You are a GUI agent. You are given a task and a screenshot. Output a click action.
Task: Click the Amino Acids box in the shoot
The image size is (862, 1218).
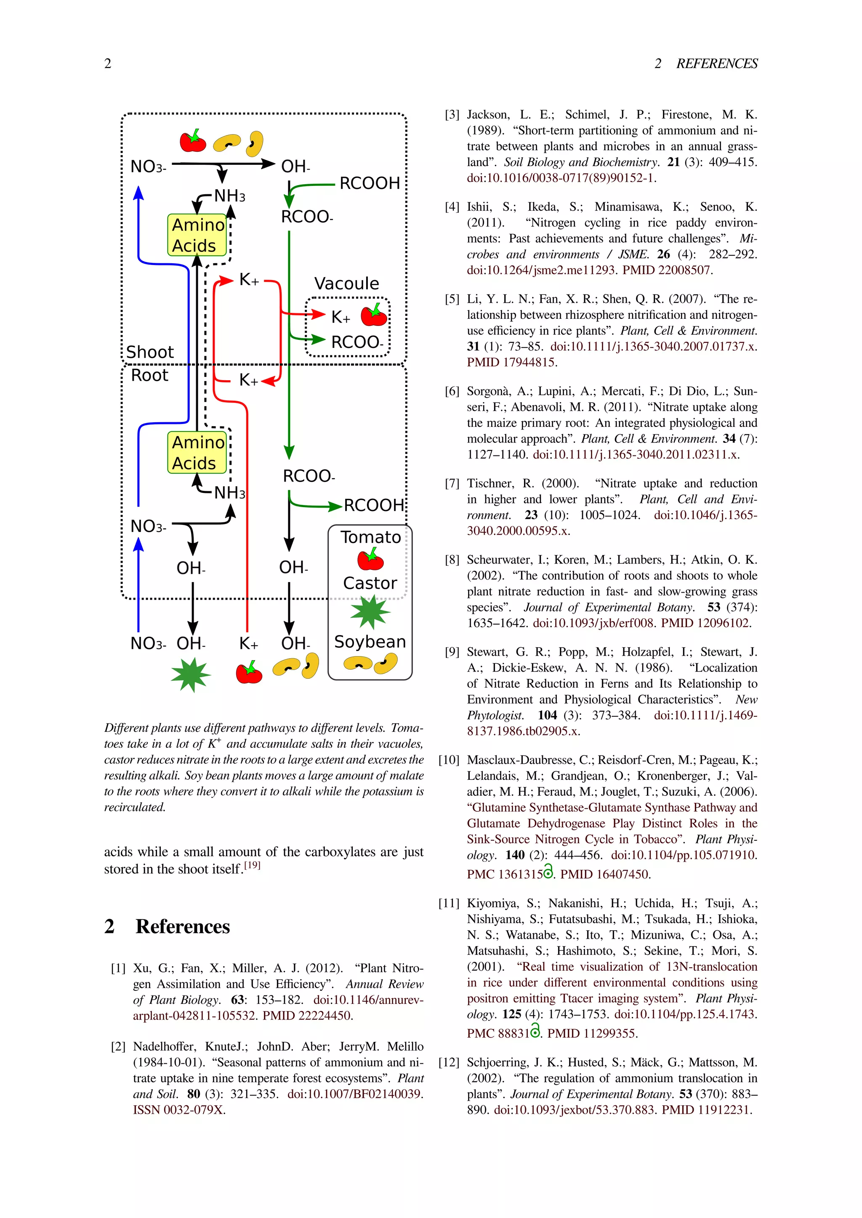(197, 235)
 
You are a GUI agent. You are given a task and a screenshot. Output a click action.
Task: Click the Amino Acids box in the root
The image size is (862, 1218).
(197, 453)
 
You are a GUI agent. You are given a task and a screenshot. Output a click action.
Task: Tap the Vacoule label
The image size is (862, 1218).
(346, 283)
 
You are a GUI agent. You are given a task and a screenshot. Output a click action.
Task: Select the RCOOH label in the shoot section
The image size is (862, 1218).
(370, 183)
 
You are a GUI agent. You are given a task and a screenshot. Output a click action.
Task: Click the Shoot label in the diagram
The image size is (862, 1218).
(150, 352)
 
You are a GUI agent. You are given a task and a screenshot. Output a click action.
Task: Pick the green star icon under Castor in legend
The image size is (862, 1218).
(370, 612)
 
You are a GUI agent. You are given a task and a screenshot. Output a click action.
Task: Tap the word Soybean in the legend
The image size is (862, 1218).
(370, 641)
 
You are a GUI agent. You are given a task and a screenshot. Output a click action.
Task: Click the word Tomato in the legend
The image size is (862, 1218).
(370, 537)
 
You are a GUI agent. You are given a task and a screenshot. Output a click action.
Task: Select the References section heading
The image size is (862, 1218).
(182, 926)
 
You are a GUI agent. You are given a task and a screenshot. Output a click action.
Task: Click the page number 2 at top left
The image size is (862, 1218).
(108, 64)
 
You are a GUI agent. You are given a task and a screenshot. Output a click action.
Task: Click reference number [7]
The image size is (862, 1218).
(452, 483)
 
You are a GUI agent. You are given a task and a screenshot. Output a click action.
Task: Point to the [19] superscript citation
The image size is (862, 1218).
(252, 865)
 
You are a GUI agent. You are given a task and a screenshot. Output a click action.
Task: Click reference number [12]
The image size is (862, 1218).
(449, 1062)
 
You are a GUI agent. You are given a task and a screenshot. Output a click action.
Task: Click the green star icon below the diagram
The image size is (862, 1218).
(191, 675)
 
